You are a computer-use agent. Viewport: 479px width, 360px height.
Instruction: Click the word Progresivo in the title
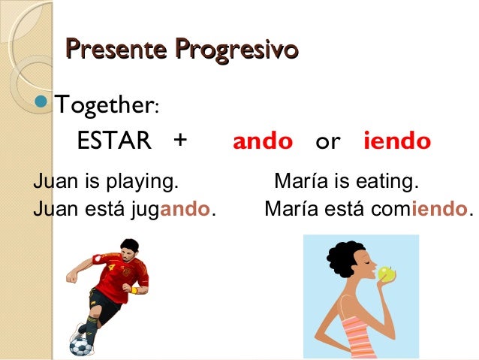236,50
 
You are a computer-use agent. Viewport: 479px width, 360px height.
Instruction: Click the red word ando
262,141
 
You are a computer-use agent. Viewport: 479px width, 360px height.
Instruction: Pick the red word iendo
396,141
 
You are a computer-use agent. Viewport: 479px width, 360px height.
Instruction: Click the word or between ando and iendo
327,142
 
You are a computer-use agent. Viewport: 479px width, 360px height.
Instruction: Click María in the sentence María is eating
299,182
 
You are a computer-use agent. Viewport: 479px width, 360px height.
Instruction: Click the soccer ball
80,345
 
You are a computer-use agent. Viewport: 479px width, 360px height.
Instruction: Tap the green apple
387,274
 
